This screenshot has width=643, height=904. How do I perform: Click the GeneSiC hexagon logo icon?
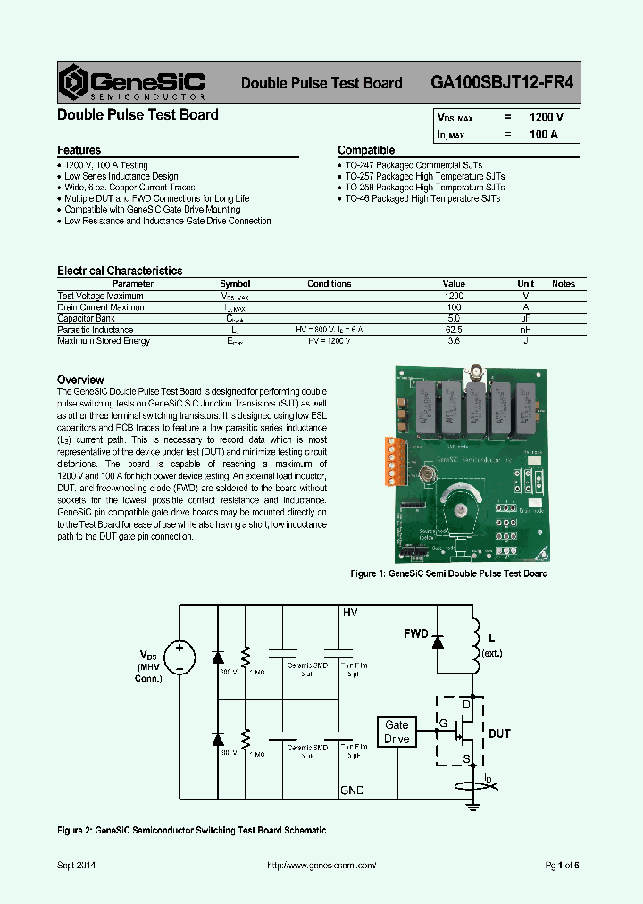73,82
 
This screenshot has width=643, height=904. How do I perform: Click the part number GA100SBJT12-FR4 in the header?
502,82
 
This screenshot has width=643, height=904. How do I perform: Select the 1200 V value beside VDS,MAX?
546,118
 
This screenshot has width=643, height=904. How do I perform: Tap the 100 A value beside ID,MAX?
543,134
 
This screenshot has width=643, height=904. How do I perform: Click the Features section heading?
79,150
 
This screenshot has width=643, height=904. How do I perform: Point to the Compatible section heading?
365,150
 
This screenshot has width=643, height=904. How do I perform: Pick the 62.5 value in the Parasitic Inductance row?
453,330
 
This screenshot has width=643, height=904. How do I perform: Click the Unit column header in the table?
525,284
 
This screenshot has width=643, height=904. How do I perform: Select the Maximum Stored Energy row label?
104,341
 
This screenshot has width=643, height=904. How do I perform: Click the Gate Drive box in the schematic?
397,732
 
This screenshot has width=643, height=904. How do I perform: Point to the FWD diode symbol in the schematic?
438,640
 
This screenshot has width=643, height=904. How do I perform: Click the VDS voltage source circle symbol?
180,657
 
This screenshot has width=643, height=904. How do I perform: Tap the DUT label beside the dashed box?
499,733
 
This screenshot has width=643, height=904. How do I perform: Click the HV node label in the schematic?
349,613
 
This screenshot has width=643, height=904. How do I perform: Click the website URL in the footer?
322,866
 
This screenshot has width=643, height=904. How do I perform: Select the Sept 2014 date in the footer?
76,866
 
